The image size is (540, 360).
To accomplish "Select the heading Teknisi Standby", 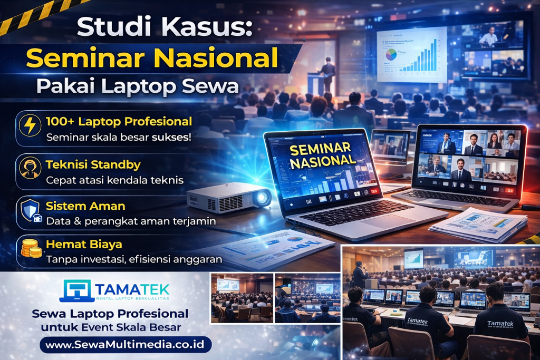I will (93, 164).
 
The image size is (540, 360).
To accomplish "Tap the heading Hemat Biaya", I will (84, 245).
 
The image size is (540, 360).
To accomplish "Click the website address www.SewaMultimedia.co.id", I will (126, 345).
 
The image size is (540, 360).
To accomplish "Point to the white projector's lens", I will (261, 198).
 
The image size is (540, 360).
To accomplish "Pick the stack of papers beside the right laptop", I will (477, 225).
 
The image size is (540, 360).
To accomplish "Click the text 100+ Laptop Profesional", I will (119, 122).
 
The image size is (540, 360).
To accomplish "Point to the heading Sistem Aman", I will (85, 205).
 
